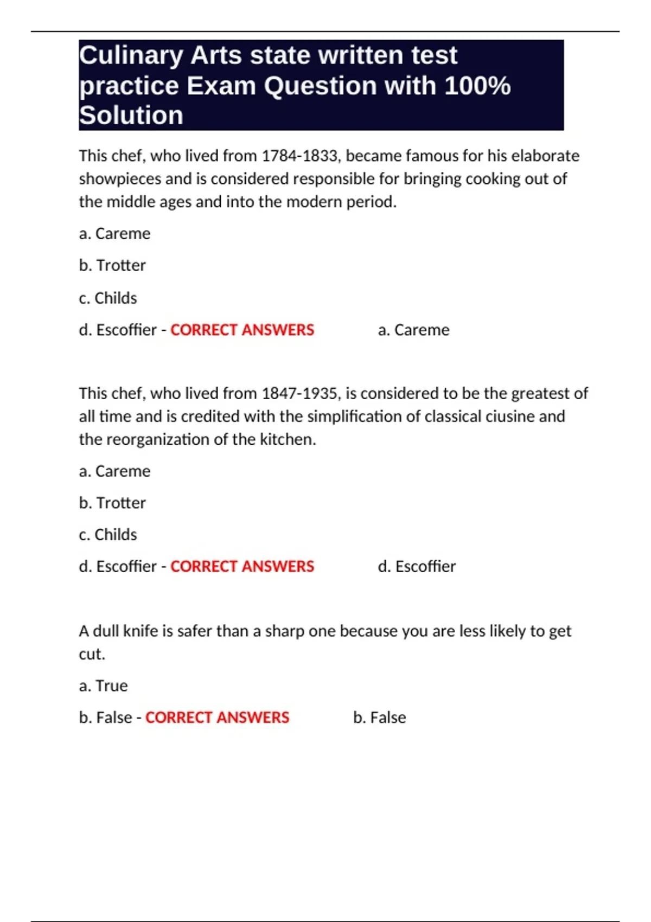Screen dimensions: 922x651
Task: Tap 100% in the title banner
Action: click(477, 86)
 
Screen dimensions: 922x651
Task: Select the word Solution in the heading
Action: click(131, 116)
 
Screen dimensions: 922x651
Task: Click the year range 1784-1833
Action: click(300, 156)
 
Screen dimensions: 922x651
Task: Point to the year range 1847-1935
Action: click(300, 393)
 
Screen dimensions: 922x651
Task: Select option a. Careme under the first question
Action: click(114, 234)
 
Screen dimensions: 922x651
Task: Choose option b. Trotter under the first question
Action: click(112, 266)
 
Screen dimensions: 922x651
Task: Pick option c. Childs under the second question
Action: click(108, 535)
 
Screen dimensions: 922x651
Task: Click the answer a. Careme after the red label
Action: click(413, 330)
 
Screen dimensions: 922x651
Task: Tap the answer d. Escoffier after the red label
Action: click(417, 567)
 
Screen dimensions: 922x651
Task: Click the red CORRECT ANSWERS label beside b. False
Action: click(217, 718)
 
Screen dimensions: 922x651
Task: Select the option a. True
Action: click(103, 686)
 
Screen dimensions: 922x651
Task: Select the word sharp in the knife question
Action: click(284, 631)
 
